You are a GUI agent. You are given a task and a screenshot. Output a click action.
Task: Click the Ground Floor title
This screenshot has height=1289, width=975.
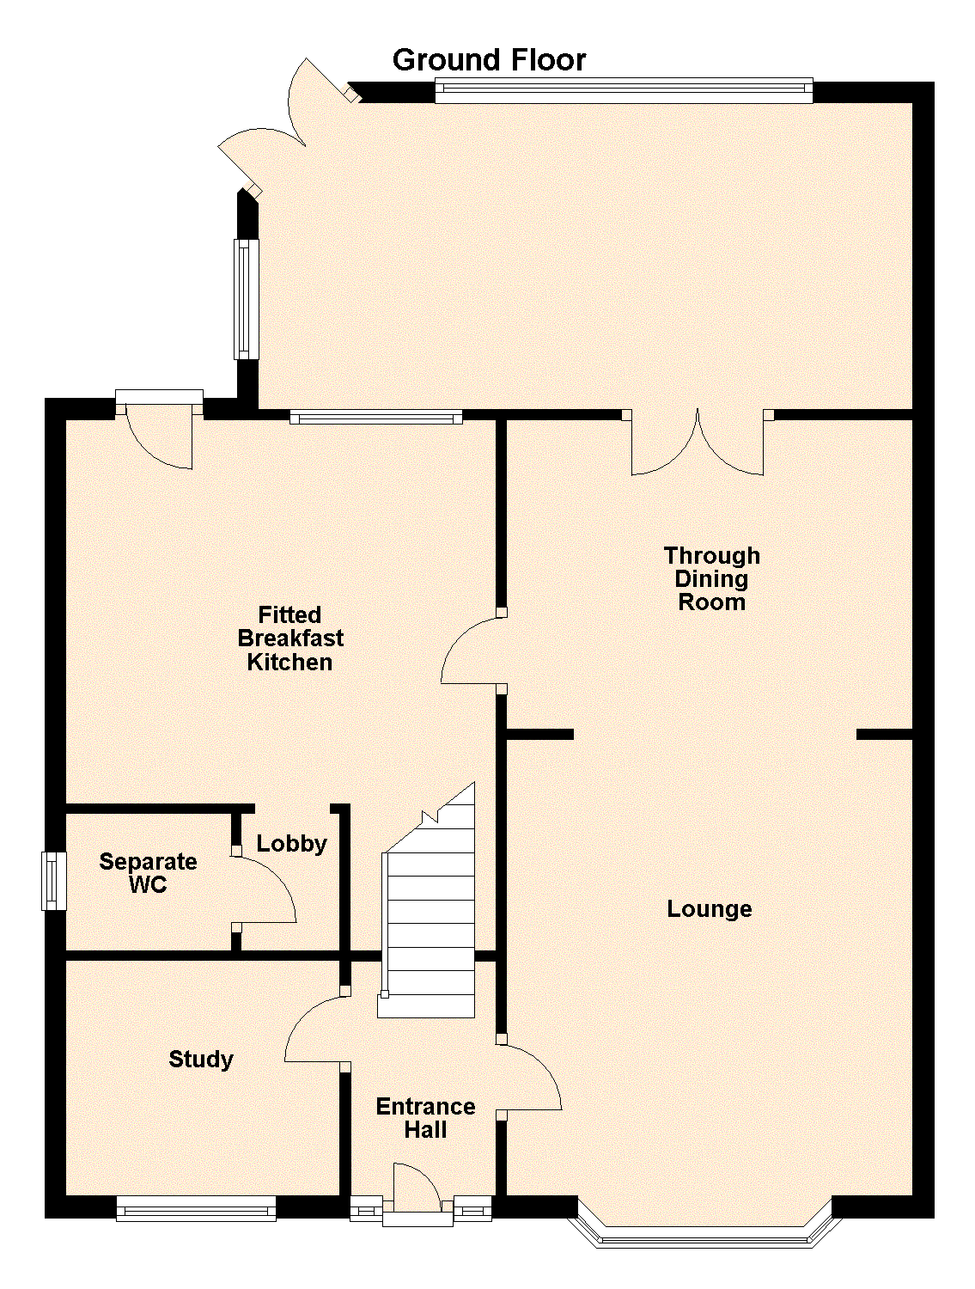[x=489, y=60]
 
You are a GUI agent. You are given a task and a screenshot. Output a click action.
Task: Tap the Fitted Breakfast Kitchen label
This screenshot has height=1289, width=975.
[x=290, y=638]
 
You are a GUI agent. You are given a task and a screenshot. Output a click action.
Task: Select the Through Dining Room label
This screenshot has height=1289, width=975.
[x=711, y=578]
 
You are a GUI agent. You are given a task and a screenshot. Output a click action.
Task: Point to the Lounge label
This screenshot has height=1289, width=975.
[x=709, y=909]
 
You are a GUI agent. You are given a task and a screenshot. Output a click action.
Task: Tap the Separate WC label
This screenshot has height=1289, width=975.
[x=148, y=872]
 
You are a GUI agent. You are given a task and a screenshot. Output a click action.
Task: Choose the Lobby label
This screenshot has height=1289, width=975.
[x=291, y=844]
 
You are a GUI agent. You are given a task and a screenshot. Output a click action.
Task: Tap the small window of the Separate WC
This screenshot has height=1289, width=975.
[x=53, y=880]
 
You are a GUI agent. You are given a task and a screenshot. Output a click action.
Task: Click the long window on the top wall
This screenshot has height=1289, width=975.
[x=624, y=89]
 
